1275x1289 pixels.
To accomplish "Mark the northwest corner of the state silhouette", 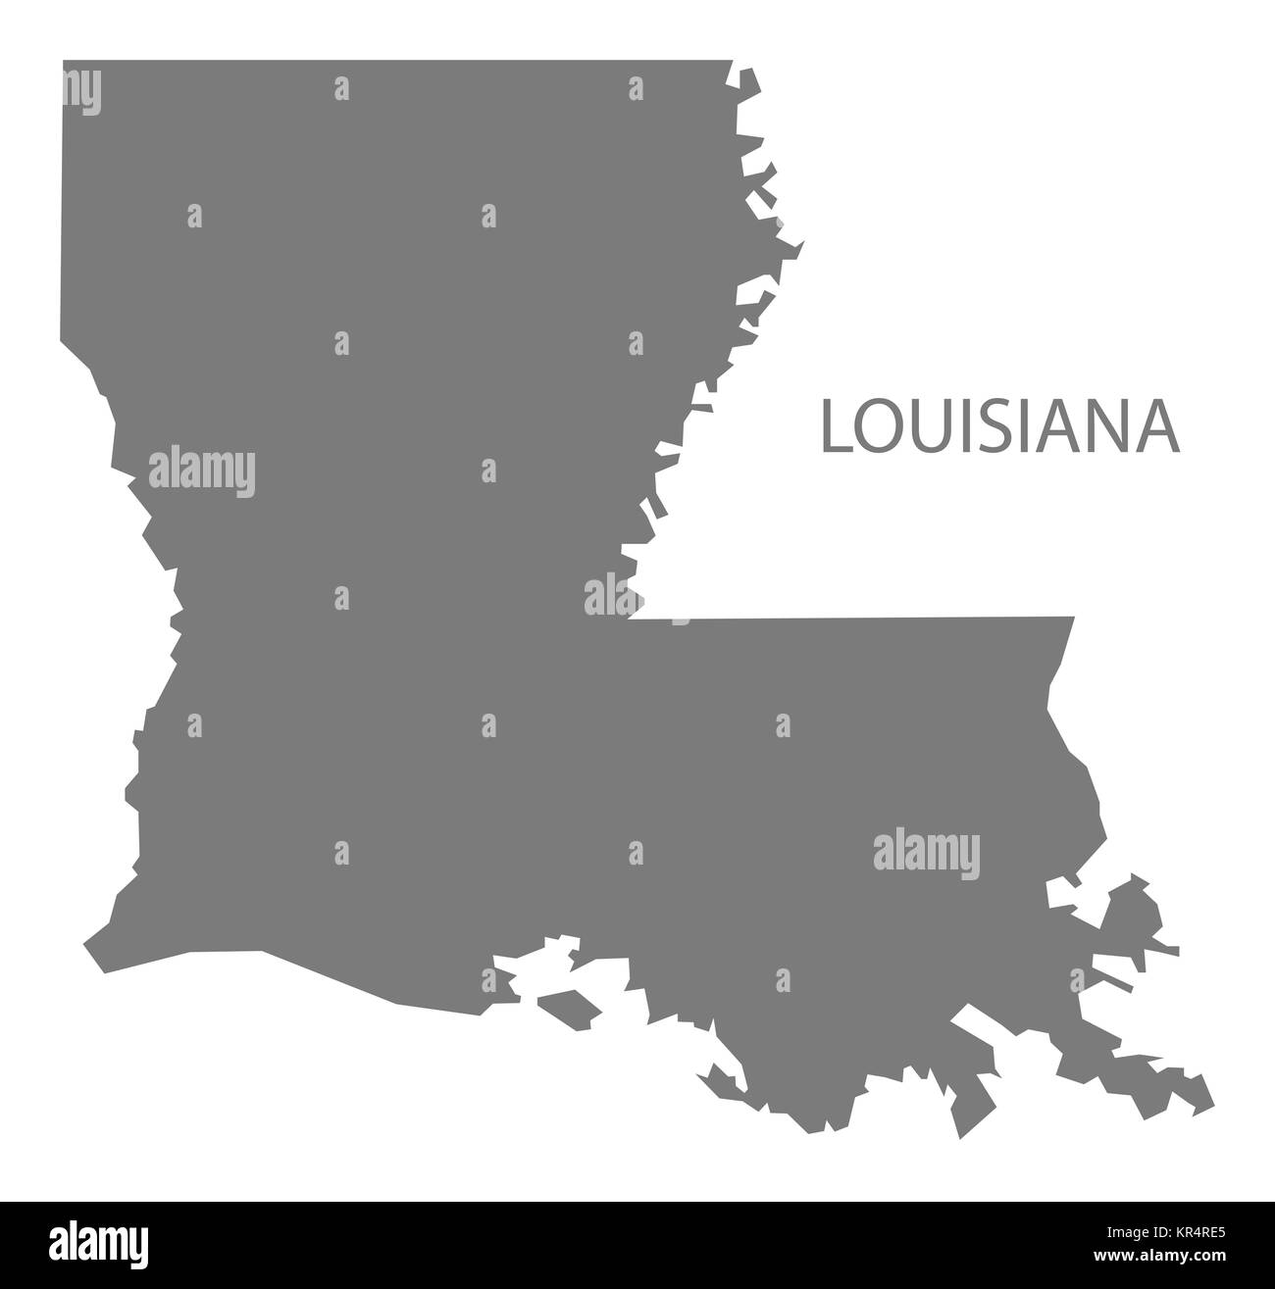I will tap(65, 63).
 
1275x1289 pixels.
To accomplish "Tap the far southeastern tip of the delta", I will tap(1211, 1099).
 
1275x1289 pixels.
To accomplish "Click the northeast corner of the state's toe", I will tap(1073, 619).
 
